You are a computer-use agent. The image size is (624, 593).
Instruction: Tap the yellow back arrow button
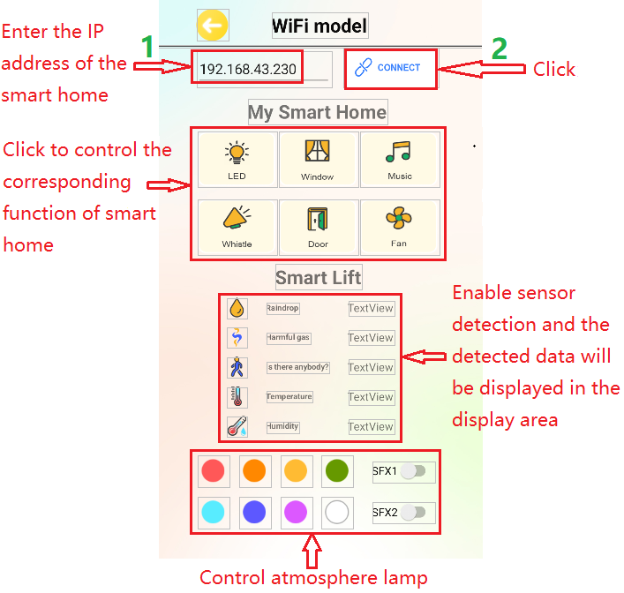pyautogui.click(x=213, y=26)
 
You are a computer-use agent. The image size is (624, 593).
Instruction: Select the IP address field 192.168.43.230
pyautogui.click(x=248, y=69)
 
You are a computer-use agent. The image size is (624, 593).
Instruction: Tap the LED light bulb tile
pyautogui.click(x=237, y=160)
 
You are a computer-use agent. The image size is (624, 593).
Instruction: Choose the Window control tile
pyautogui.click(x=318, y=160)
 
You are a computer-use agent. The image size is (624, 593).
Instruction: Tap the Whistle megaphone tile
pyautogui.click(x=237, y=227)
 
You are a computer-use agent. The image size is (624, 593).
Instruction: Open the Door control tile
pyautogui.click(x=318, y=227)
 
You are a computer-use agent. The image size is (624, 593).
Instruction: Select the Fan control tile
pyautogui.click(x=399, y=227)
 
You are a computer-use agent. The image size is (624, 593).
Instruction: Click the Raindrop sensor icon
pyautogui.click(x=237, y=308)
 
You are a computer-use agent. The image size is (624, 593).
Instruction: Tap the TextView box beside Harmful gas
pyautogui.click(x=371, y=338)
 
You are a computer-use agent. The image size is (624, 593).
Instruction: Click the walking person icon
pyautogui.click(x=237, y=368)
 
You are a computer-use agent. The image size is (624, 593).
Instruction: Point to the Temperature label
pyautogui.click(x=289, y=397)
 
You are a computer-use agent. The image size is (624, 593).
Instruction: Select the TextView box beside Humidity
pyautogui.click(x=371, y=427)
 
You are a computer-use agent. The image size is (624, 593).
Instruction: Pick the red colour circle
pyautogui.click(x=213, y=471)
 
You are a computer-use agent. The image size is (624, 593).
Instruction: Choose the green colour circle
pyautogui.click(x=336, y=471)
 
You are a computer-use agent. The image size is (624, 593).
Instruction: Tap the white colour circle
pyautogui.click(x=336, y=512)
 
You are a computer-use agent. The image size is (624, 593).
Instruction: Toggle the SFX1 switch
pyautogui.click(x=412, y=472)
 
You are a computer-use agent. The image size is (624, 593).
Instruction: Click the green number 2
pyautogui.click(x=500, y=49)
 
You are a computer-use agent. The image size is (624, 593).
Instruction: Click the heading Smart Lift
pyautogui.click(x=319, y=278)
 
